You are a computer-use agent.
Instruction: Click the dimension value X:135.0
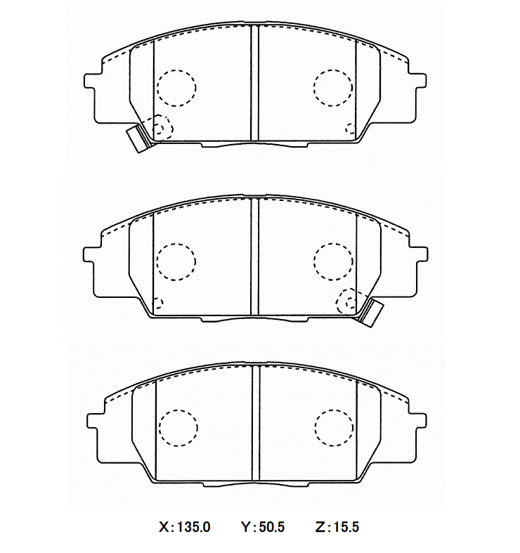[x=186, y=526]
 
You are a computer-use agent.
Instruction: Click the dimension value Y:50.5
[x=262, y=526]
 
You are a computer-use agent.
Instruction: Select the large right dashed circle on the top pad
[x=333, y=88]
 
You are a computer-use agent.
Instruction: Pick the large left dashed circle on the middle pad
[x=176, y=261]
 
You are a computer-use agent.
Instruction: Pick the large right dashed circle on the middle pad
[x=333, y=261]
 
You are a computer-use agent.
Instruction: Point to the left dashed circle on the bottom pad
[x=178, y=427]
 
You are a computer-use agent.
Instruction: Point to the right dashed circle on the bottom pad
[x=334, y=427]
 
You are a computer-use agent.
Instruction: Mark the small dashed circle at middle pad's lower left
[x=157, y=304]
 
